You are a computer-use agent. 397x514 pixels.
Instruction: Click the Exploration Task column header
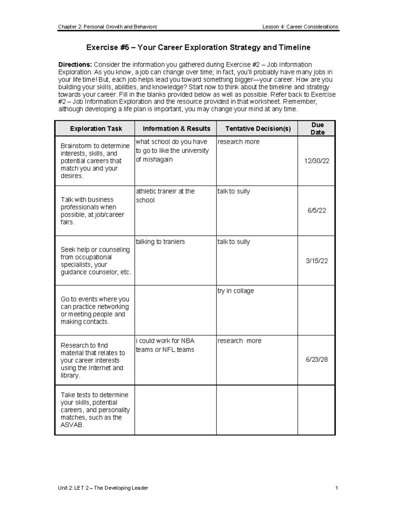click(x=96, y=129)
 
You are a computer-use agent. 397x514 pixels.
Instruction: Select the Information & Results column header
click(x=176, y=129)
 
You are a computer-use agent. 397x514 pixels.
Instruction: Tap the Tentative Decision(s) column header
click(x=258, y=129)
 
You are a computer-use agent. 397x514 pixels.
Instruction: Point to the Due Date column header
click(x=317, y=128)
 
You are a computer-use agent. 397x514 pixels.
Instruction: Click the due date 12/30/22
click(x=317, y=161)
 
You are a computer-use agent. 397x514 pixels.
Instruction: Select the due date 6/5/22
click(x=317, y=210)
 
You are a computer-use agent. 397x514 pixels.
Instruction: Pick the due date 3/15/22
click(x=317, y=261)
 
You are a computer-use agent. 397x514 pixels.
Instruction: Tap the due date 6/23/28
click(x=317, y=359)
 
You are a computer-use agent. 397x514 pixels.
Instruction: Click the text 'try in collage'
click(x=236, y=291)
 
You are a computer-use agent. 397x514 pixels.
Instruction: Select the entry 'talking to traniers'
click(x=160, y=242)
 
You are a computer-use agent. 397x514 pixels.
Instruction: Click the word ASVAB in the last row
click(x=72, y=425)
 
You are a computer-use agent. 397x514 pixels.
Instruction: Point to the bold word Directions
click(x=75, y=65)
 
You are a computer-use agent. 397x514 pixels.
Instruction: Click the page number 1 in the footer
click(x=336, y=488)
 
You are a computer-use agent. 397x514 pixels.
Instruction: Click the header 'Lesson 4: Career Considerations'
click(x=300, y=27)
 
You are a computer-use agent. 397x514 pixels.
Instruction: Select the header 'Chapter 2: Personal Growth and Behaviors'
click(x=108, y=27)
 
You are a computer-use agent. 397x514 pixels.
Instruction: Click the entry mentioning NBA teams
click(x=165, y=345)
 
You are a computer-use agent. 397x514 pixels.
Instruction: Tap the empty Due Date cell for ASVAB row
click(x=317, y=410)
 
